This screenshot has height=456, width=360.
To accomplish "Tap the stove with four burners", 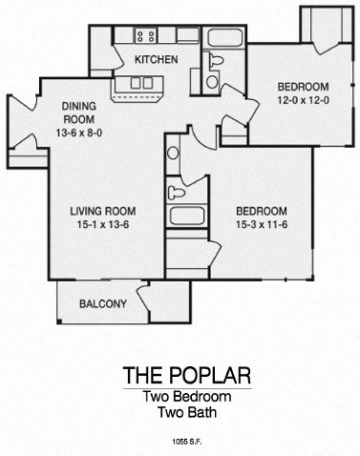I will pyautogui.click(x=146, y=37).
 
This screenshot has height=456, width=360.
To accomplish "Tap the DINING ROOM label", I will pyautogui.click(x=79, y=113).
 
